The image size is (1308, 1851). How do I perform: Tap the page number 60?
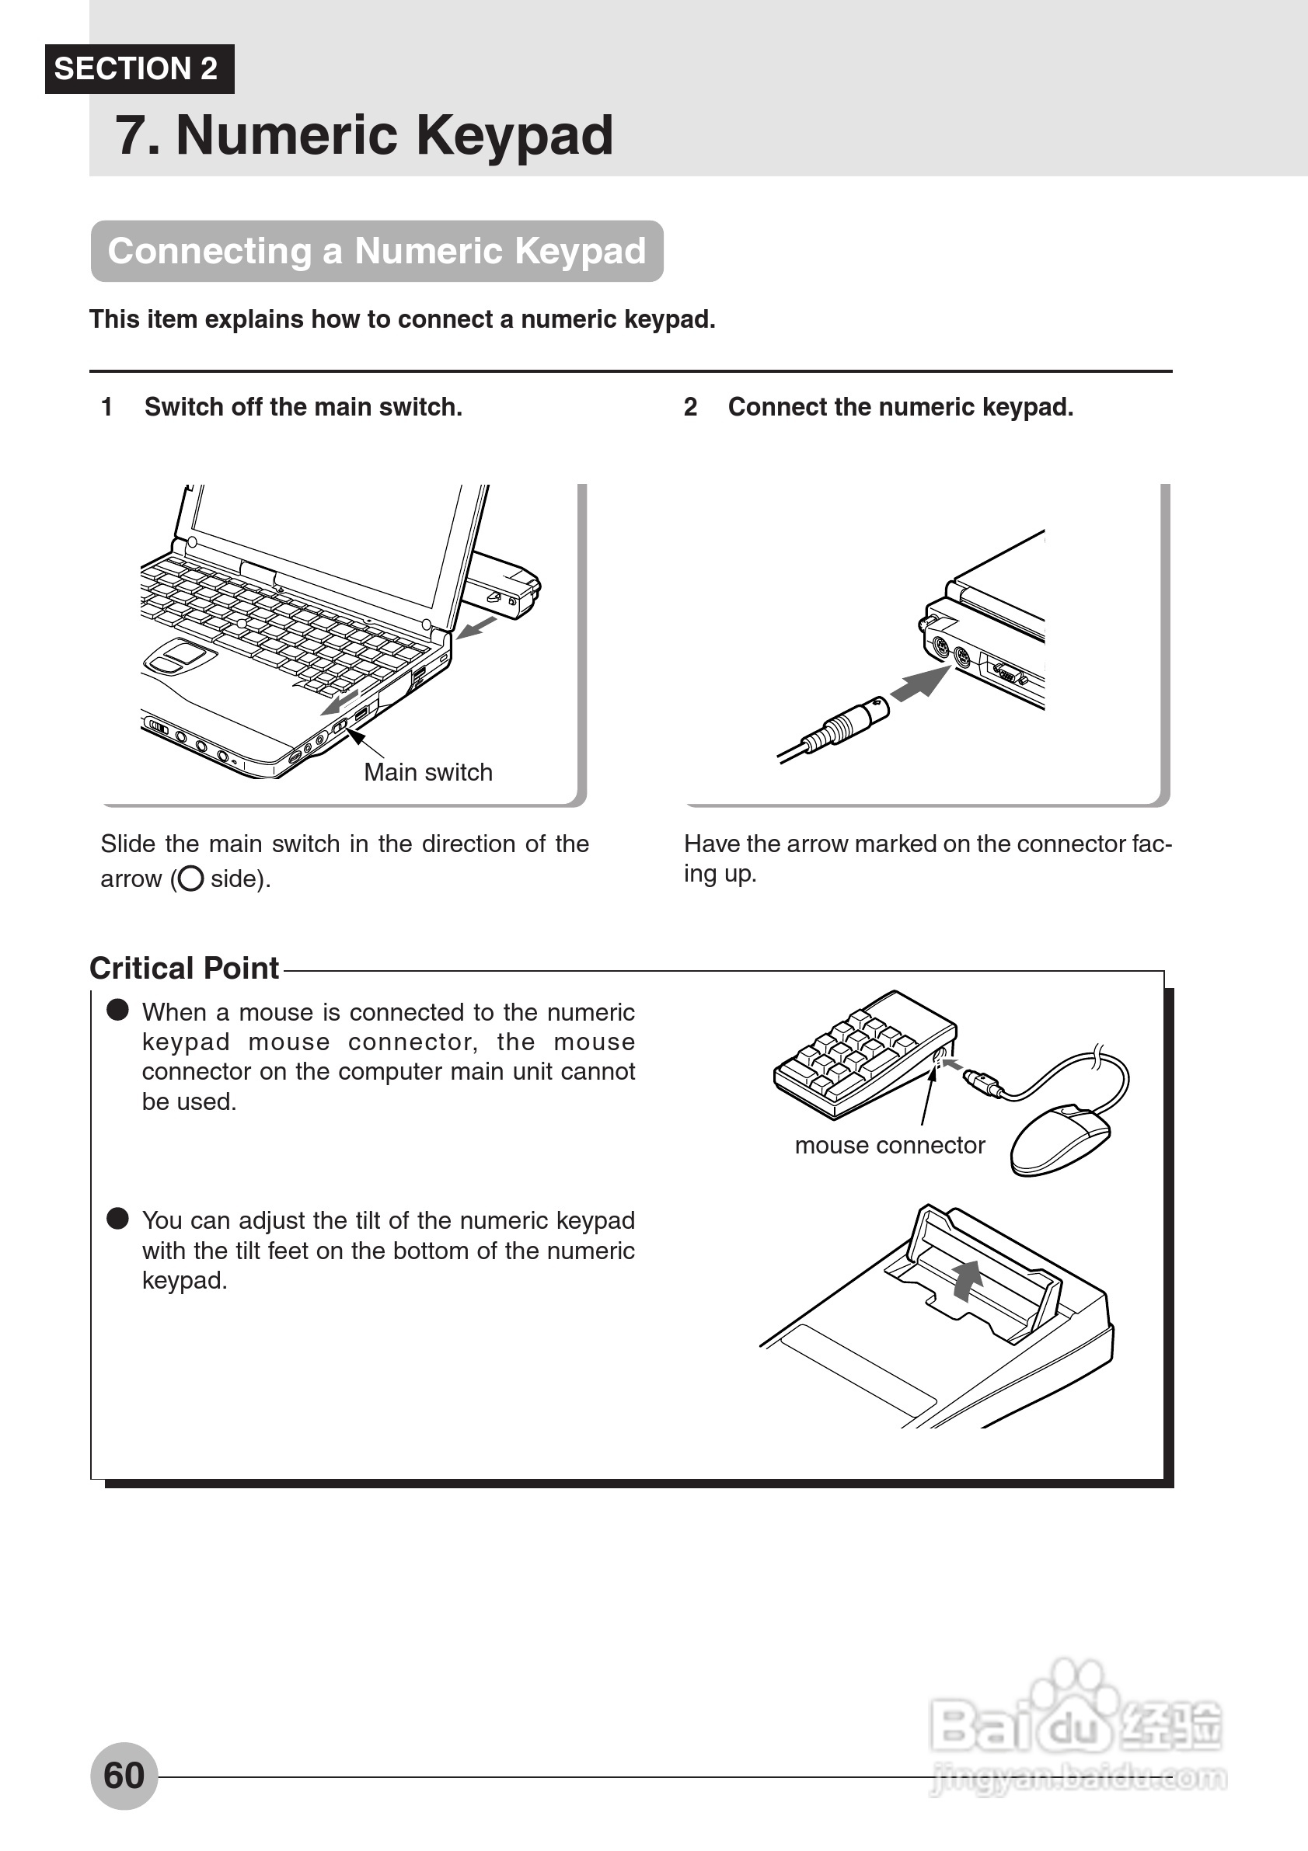click(x=124, y=1775)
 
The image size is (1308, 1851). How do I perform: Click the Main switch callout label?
click(x=427, y=772)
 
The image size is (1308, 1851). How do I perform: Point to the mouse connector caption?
click(x=889, y=1145)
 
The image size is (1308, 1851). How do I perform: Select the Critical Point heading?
click(x=184, y=969)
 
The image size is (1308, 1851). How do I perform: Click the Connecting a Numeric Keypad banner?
click(x=377, y=251)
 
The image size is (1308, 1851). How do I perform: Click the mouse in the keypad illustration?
click(x=1059, y=1139)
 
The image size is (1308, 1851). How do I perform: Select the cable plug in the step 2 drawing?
click(x=846, y=724)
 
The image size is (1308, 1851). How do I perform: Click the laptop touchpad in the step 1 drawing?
click(x=179, y=656)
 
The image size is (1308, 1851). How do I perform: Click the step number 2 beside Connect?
click(x=690, y=407)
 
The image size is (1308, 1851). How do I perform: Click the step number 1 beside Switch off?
click(x=106, y=407)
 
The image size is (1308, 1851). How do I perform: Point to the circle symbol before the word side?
click(x=190, y=878)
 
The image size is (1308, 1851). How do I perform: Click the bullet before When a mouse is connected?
click(x=117, y=1010)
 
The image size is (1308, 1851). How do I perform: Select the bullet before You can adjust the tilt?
click(x=117, y=1218)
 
